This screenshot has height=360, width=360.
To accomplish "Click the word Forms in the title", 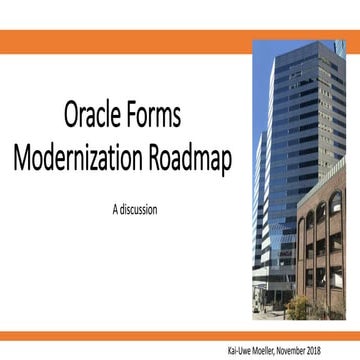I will (x=156, y=118).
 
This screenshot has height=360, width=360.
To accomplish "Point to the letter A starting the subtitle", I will (x=114, y=210).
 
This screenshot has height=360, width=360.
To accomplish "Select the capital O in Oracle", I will (x=72, y=118).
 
